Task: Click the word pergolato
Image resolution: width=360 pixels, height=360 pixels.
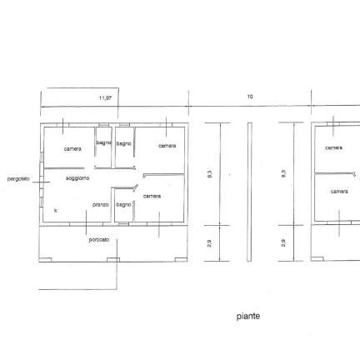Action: (x=18, y=179)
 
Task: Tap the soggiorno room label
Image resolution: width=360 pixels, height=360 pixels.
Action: (x=77, y=178)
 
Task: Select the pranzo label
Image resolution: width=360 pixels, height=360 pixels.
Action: (x=101, y=205)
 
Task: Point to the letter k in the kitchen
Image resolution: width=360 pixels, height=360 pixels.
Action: (x=56, y=210)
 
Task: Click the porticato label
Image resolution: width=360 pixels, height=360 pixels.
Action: (x=99, y=240)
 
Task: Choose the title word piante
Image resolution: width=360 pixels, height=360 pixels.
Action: (x=248, y=317)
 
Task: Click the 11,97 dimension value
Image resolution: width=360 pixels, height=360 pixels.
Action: (x=105, y=98)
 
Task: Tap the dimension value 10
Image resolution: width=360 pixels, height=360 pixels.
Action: (x=250, y=97)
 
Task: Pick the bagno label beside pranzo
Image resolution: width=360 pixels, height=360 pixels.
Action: (x=123, y=205)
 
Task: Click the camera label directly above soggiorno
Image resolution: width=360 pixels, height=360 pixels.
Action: (x=72, y=149)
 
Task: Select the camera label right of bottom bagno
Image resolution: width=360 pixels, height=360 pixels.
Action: (x=152, y=197)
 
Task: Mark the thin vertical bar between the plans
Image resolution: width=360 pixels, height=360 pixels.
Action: (x=250, y=192)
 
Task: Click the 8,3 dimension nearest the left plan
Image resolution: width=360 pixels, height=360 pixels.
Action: (x=210, y=174)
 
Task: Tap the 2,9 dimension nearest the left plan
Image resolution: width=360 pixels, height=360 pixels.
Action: (x=210, y=243)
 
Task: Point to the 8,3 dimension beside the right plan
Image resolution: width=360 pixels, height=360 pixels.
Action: (x=283, y=174)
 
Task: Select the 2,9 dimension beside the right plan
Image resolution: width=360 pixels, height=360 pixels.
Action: (x=283, y=243)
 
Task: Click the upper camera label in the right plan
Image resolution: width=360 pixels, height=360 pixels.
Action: (x=334, y=148)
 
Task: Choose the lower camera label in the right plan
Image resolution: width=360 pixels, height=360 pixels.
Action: (x=339, y=192)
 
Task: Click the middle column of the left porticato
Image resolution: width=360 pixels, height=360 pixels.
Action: (x=113, y=260)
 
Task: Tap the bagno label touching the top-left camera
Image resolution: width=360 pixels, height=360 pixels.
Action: (x=103, y=142)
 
